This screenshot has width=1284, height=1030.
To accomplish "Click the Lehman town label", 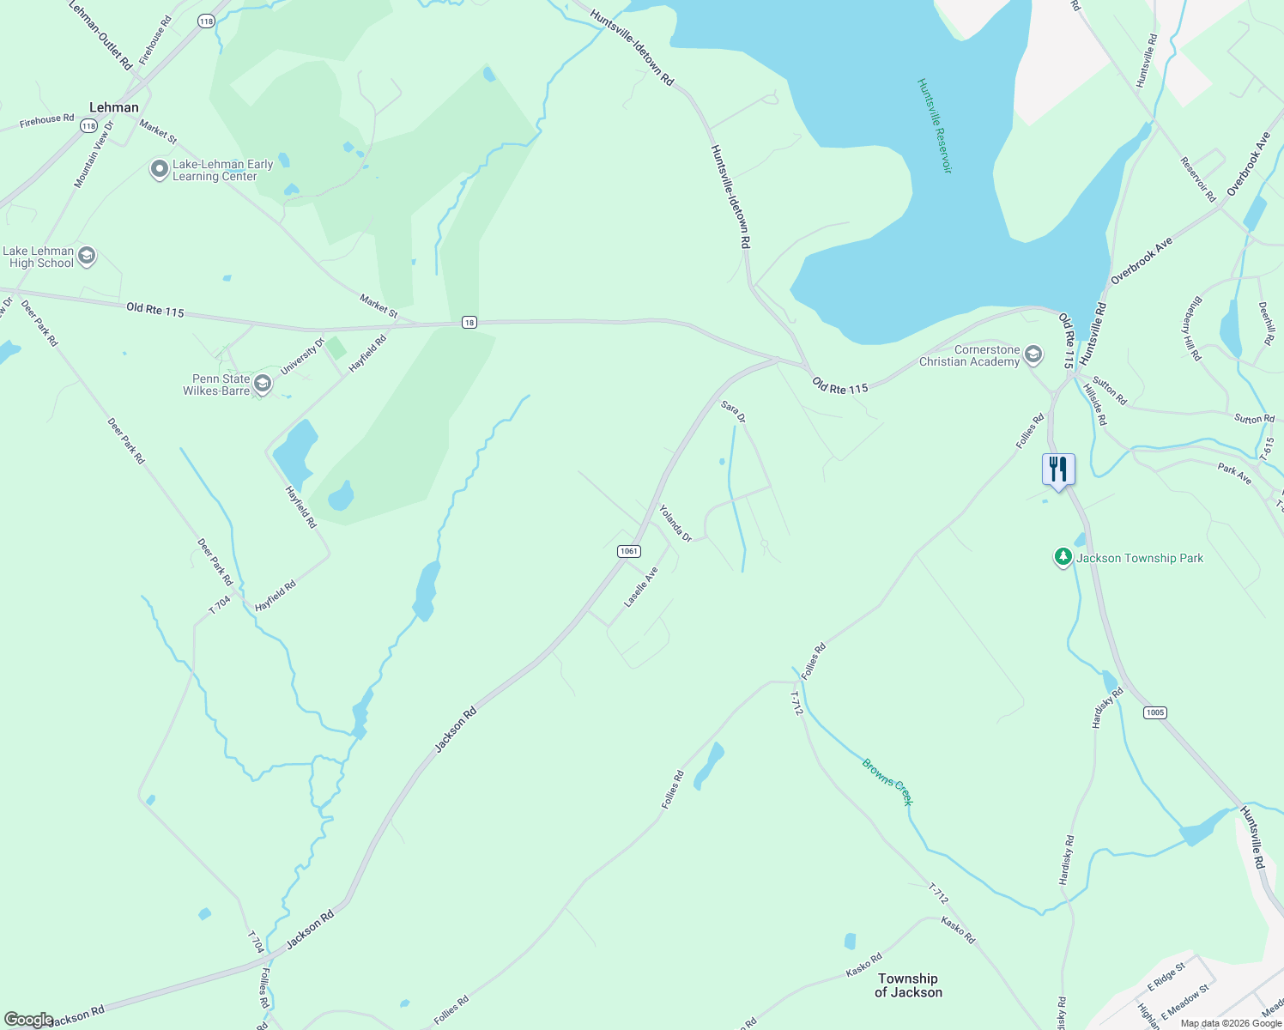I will click(114, 107).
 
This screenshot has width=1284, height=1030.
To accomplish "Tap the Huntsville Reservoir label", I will click(935, 125).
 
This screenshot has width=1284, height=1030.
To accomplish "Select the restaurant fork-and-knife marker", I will click(1058, 470).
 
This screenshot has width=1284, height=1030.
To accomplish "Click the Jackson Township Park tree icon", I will click(1063, 558).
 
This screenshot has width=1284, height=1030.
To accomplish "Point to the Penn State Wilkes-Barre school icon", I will click(263, 385).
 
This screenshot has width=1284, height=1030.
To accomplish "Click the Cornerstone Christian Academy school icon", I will click(1033, 354).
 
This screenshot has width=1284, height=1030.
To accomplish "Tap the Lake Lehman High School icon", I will click(86, 256).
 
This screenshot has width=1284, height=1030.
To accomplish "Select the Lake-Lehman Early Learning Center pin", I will click(159, 169).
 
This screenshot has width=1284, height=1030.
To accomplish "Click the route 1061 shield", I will click(629, 551).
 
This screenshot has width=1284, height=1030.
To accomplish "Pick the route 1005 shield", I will click(1154, 712).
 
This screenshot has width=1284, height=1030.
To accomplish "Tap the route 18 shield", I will click(469, 322).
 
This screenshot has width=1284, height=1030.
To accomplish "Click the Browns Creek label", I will click(887, 781).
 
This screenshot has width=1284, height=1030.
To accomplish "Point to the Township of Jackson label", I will click(908, 985).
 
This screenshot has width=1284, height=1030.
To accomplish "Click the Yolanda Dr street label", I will click(675, 523).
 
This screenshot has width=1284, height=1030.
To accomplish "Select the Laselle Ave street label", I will click(641, 586).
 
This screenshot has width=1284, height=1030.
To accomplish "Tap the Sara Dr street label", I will click(733, 411).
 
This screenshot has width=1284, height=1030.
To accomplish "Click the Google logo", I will click(28, 1020).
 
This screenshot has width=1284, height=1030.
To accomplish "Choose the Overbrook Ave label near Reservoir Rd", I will click(1248, 163).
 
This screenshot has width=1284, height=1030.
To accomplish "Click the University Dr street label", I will click(302, 356).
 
